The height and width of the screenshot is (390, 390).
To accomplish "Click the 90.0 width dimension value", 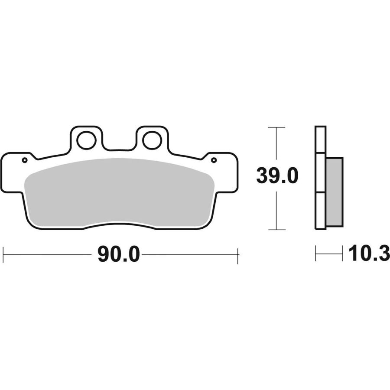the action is click(x=119, y=254).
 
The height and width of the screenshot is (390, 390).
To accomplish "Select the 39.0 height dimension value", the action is click(x=277, y=175).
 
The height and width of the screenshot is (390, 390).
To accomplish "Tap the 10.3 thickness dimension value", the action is click(x=369, y=253).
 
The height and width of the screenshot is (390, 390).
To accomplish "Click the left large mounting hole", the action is click(x=86, y=140).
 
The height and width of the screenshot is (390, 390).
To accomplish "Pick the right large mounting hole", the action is click(x=153, y=140).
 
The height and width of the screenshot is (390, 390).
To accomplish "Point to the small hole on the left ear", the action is click(x=24, y=160).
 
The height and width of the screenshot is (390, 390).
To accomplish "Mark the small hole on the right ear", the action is click(x=214, y=160).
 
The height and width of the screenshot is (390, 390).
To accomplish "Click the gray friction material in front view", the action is click(x=119, y=192).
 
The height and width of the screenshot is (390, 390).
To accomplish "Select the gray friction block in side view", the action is click(x=334, y=192).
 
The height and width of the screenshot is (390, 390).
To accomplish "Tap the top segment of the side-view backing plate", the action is click(x=320, y=140).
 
